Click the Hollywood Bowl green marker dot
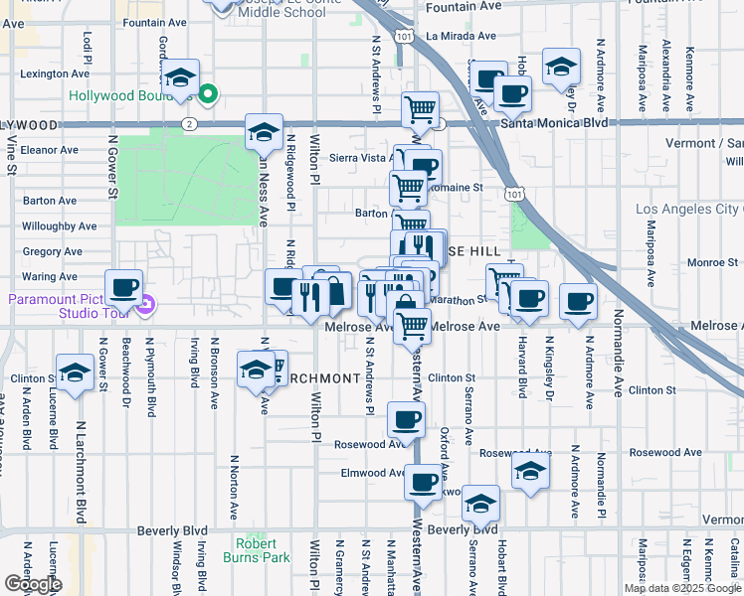click(x=208, y=95)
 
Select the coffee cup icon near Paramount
click(x=123, y=288)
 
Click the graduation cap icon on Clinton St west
click(x=75, y=372)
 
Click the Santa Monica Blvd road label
click(x=554, y=123)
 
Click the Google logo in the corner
click(x=32, y=584)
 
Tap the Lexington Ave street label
click(x=50, y=74)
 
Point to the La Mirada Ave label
click(x=460, y=36)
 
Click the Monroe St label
click(x=711, y=262)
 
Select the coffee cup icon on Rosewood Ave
click(x=404, y=420)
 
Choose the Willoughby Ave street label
click(x=59, y=226)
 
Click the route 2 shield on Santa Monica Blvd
click(x=188, y=123)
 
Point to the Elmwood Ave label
click(x=373, y=473)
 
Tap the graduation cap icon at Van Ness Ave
click(x=264, y=130)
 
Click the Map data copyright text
click(x=682, y=588)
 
